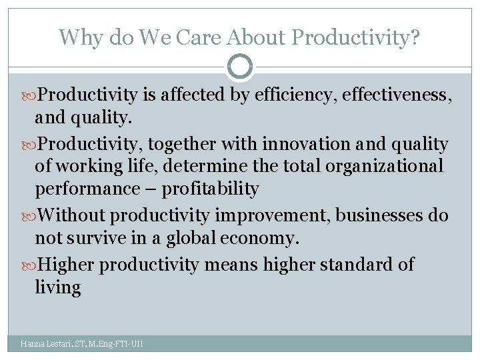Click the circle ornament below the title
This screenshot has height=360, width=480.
pyautogui.click(x=240, y=67)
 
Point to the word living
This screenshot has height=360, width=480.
pyautogui.click(x=58, y=288)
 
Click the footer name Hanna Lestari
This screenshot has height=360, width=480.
pyautogui.click(x=45, y=344)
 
